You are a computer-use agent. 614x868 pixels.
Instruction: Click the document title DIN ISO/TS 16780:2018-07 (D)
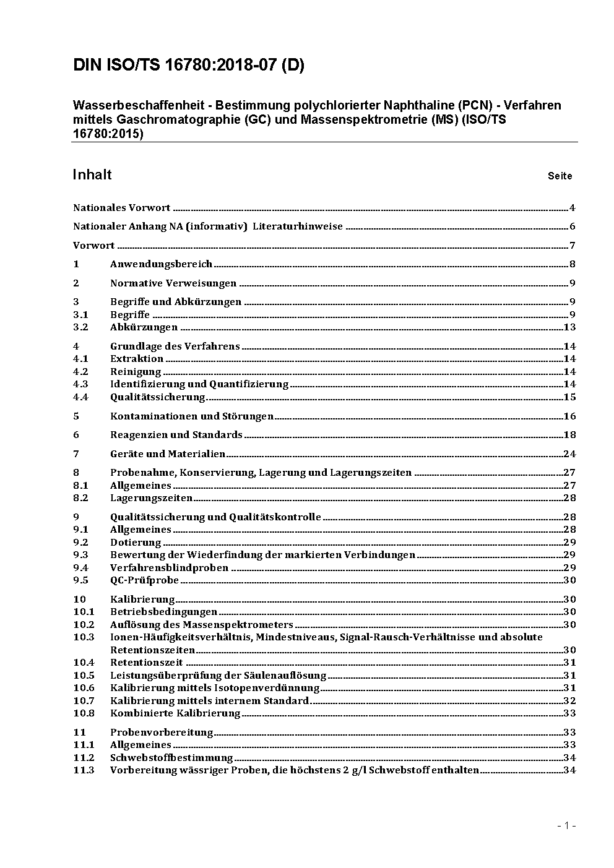click(x=189, y=66)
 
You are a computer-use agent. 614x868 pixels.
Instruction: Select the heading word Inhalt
click(x=92, y=174)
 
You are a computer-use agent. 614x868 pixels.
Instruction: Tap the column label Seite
click(x=560, y=176)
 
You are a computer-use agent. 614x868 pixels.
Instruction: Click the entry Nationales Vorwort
click(x=122, y=208)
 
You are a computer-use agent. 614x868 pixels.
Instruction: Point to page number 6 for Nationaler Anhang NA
click(x=573, y=226)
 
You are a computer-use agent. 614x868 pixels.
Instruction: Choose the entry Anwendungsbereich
click(x=161, y=264)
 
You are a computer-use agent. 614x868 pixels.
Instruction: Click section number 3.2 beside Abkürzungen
click(x=80, y=327)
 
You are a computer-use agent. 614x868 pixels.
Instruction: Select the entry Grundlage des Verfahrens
click(x=175, y=346)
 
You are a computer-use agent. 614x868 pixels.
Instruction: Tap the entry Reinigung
click(x=136, y=372)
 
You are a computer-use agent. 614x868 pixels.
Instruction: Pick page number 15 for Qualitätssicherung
click(x=569, y=397)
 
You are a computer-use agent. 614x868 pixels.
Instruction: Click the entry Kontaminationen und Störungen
click(x=192, y=416)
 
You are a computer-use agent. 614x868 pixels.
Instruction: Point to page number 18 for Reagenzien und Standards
click(x=569, y=435)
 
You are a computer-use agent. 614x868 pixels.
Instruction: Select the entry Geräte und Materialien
click(x=168, y=454)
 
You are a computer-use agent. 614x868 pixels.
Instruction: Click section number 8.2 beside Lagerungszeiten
click(x=80, y=498)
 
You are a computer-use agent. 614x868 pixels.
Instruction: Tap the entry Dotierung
click(x=136, y=543)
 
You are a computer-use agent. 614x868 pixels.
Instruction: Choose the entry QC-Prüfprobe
click(x=144, y=580)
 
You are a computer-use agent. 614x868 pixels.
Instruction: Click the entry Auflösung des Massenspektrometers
click(x=201, y=625)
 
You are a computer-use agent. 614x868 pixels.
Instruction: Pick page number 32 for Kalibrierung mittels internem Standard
click(x=569, y=701)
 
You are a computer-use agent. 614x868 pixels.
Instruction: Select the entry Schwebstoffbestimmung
click(x=171, y=758)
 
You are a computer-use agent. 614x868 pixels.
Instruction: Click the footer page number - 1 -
click(x=566, y=826)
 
